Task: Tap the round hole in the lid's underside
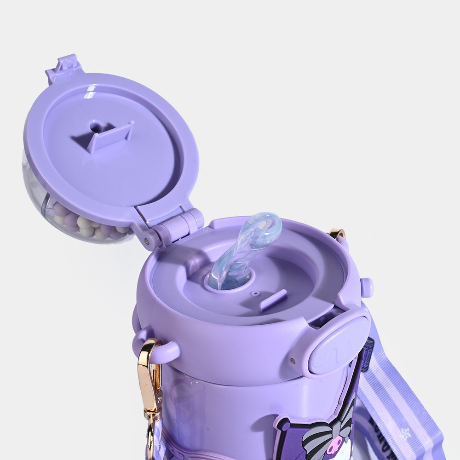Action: point(96,126)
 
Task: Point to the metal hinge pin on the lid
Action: point(147,240)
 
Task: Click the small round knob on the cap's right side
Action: point(367,287)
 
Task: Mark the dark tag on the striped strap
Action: point(368,354)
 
